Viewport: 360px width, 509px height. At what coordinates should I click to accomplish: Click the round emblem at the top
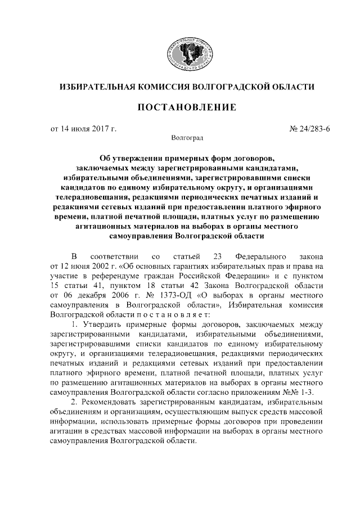[188, 55]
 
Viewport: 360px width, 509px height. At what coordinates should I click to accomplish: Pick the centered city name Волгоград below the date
[186, 137]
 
